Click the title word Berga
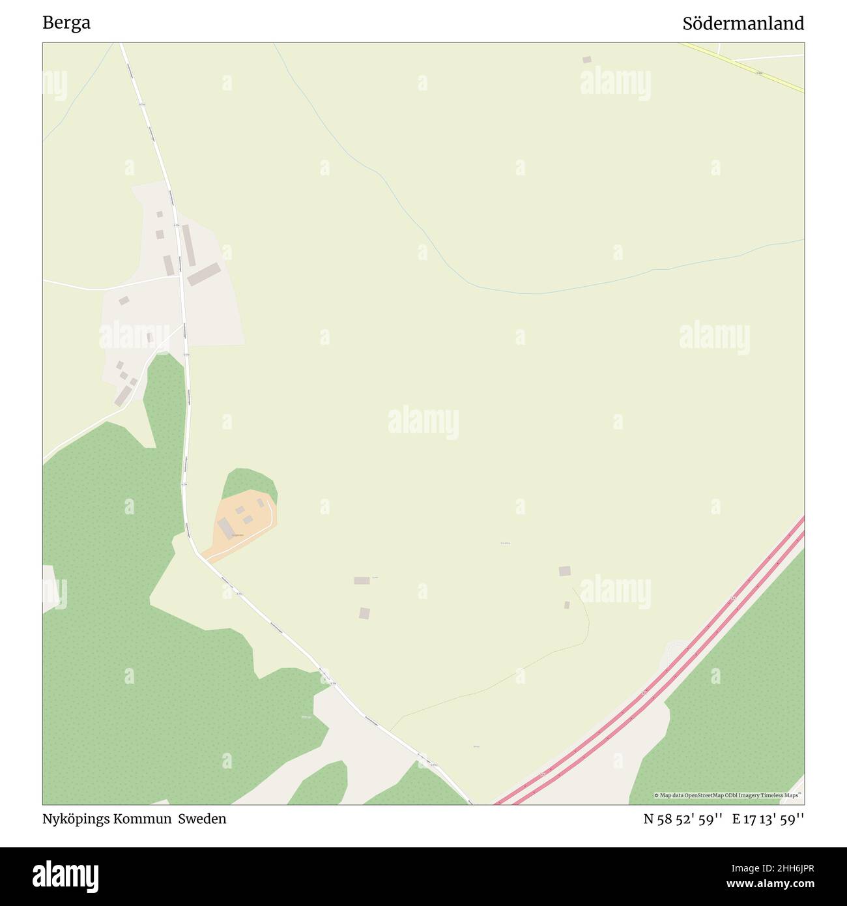pyautogui.click(x=66, y=23)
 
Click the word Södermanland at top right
pyautogui.click(x=743, y=23)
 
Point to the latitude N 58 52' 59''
pyautogui.click(x=682, y=819)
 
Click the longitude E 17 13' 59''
pyautogui.click(x=768, y=819)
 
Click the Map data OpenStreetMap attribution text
pyautogui.click(x=728, y=795)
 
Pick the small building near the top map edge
pyautogui.click(x=587, y=60)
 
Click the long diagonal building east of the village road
pyautogui.click(x=204, y=274)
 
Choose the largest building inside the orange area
pyautogui.click(x=225, y=527)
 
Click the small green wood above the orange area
pyautogui.click(x=249, y=482)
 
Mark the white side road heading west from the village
pyautogui.click(x=98, y=287)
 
